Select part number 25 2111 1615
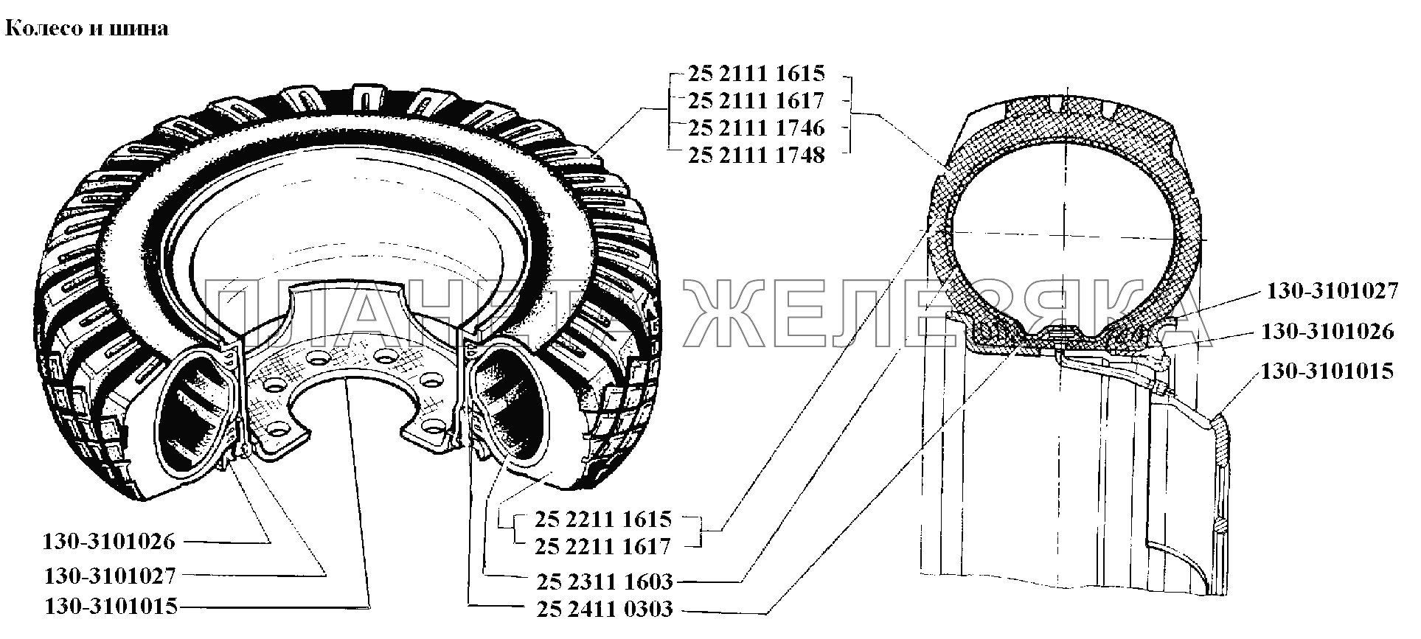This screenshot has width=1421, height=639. pos(757,74)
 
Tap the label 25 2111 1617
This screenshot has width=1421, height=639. pos(757,101)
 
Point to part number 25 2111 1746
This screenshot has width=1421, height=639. pos(757,128)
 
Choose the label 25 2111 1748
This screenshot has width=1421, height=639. pos(757,156)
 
